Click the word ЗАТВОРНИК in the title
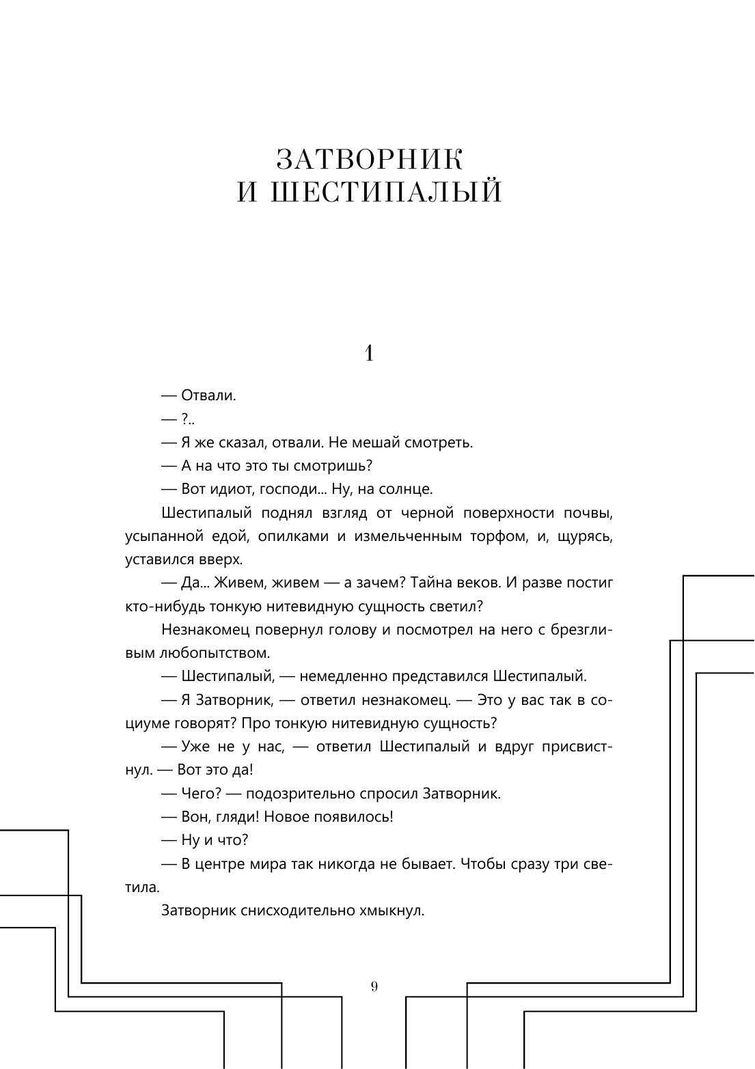click(x=370, y=160)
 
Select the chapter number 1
click(x=369, y=353)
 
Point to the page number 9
click(x=374, y=986)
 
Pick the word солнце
click(x=407, y=489)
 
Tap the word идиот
click(x=230, y=489)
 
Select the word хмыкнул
click(x=396, y=911)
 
